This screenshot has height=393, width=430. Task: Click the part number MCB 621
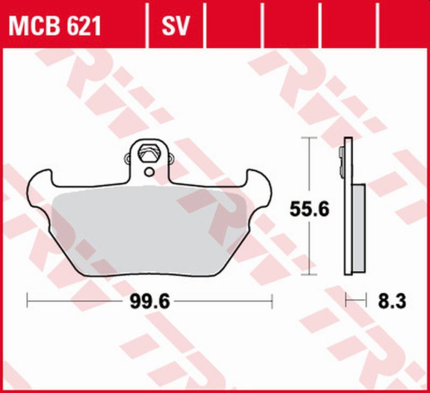click(56, 27)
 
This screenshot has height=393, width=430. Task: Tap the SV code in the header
click(173, 27)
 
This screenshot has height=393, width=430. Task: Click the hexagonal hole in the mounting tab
click(149, 155)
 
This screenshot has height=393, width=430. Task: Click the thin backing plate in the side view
click(347, 208)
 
